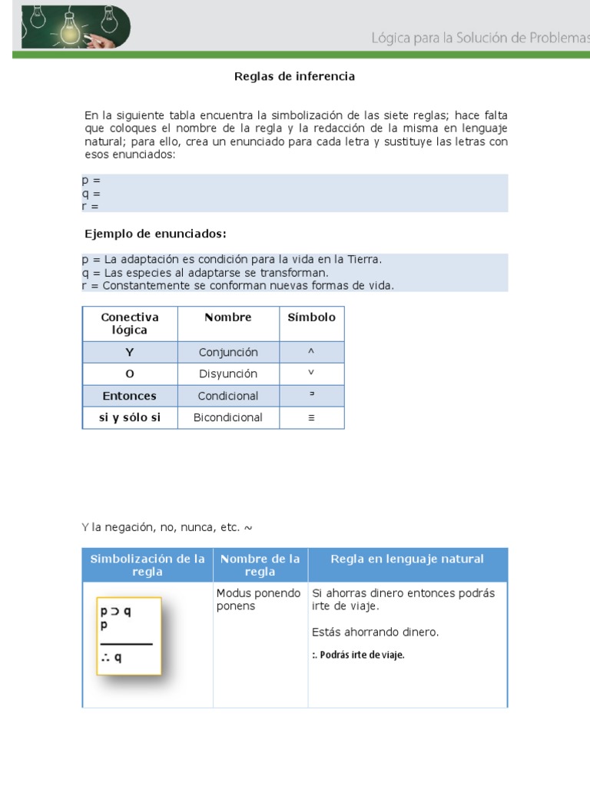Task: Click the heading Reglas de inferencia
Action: click(294, 77)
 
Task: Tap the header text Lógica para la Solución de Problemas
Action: click(479, 38)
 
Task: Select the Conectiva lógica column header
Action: click(129, 324)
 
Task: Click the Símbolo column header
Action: click(311, 317)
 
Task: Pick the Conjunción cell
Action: click(228, 352)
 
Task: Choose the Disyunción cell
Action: click(228, 374)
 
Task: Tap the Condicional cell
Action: click(228, 396)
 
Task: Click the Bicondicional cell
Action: click(228, 417)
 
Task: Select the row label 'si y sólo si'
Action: click(129, 417)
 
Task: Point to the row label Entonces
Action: click(129, 396)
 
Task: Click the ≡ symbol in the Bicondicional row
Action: click(311, 418)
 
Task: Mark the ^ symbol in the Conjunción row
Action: click(311, 351)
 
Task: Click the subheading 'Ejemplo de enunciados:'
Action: click(155, 234)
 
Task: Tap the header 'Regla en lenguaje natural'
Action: click(407, 559)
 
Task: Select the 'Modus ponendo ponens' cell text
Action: click(258, 599)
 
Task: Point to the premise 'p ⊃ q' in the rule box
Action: click(116, 613)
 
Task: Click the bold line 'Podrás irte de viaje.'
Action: click(358, 655)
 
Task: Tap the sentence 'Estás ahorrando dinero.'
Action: click(376, 633)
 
